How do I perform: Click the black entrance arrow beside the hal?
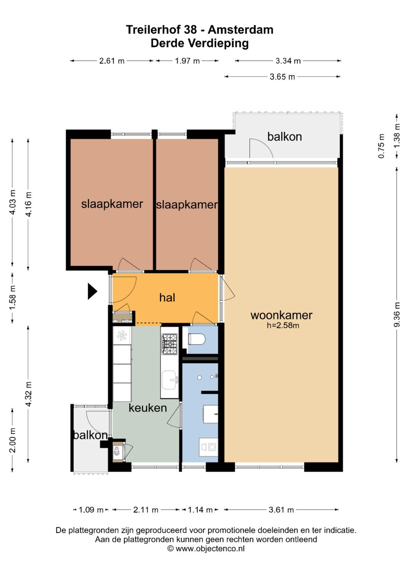coord(92,291)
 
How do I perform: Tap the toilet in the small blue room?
coord(197,339)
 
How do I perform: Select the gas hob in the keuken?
coord(169,344)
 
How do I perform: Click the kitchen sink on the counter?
coord(170,380)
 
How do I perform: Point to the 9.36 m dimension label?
coord(397,315)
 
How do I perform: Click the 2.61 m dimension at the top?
coord(112,61)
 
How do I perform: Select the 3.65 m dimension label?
coord(282,77)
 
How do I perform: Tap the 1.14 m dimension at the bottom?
coord(200,509)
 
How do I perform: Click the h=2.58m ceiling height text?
coord(283,326)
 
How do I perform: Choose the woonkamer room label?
coord(281,315)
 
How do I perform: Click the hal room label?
coord(167,298)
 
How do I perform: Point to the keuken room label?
coord(148,408)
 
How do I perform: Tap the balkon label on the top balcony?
coord(284,137)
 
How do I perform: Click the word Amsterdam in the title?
coord(240,30)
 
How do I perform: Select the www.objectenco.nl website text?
coord(210,548)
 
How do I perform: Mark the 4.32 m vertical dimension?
coord(28,394)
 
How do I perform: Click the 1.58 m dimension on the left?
coord(12,298)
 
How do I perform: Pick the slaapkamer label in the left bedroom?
coord(112,204)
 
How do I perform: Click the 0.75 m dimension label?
coord(381,146)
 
